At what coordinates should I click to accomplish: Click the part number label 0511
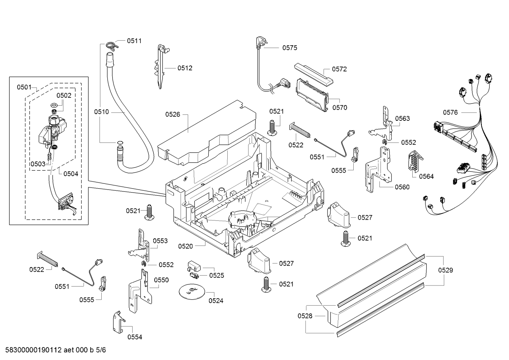click(x=134, y=41)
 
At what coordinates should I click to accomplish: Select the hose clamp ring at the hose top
click(x=110, y=45)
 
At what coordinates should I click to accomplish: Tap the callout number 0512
click(x=185, y=68)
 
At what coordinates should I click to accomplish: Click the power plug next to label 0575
click(x=259, y=42)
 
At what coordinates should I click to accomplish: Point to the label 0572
click(x=339, y=69)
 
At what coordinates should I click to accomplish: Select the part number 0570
click(x=339, y=108)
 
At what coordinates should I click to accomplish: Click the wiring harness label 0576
click(x=450, y=112)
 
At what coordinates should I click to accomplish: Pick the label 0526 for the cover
click(x=173, y=114)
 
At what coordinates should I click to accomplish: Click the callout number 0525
click(x=216, y=276)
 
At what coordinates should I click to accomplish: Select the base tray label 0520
click(x=185, y=246)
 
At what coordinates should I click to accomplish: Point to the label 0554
click(x=134, y=337)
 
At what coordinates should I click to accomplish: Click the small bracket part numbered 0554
click(x=118, y=321)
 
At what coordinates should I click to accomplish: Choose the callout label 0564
click(x=426, y=176)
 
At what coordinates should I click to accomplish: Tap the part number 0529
click(x=445, y=270)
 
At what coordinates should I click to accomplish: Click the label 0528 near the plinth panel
click(x=305, y=316)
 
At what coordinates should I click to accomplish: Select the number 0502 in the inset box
click(x=64, y=95)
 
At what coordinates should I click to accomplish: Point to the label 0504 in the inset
click(x=71, y=173)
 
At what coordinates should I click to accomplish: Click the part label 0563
click(x=402, y=118)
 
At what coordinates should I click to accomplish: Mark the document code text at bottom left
click(x=53, y=350)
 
